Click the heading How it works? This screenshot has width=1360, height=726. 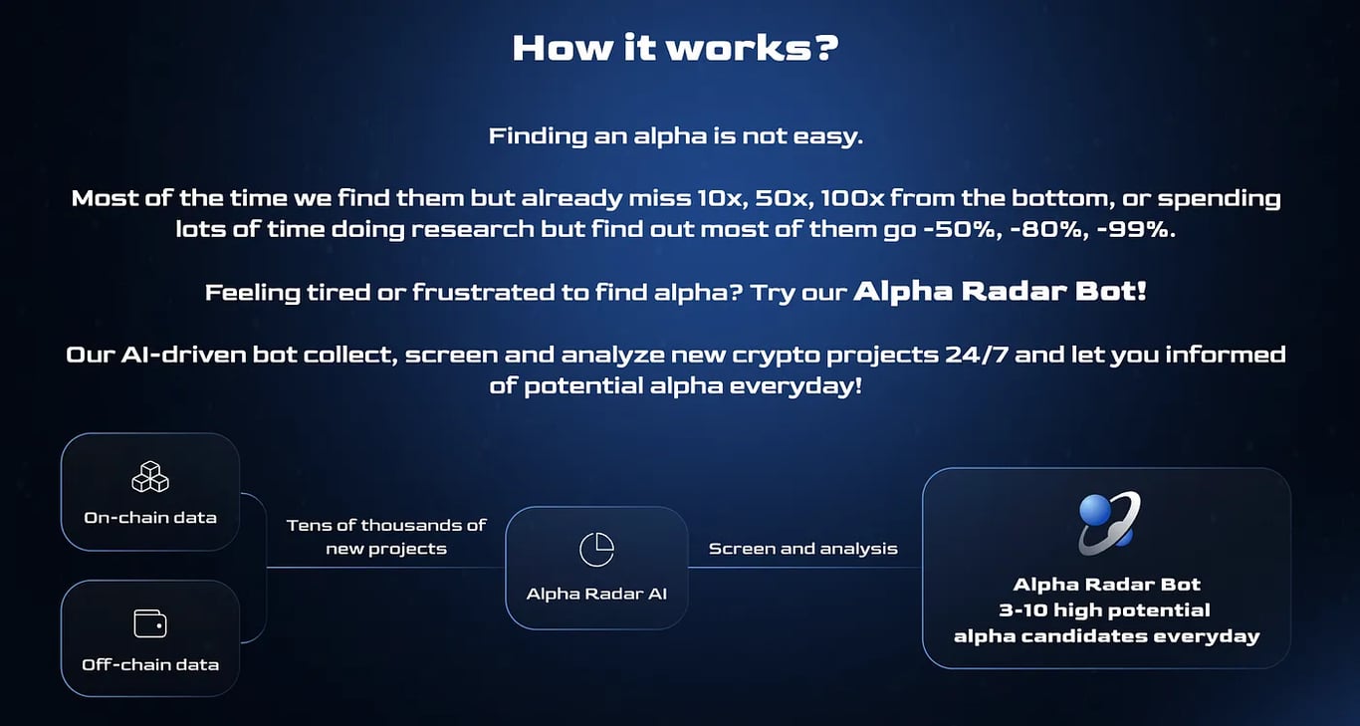coord(675,48)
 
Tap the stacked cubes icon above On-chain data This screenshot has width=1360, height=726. coord(150,477)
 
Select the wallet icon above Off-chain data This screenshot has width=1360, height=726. coord(150,624)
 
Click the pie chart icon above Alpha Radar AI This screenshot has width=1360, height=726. coord(596,549)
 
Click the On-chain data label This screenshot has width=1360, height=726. coord(150,518)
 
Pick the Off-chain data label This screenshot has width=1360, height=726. coord(150,664)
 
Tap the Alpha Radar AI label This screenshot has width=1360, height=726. coord(596,594)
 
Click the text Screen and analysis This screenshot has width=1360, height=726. coord(802,549)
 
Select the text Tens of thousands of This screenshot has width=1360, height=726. coord(386,525)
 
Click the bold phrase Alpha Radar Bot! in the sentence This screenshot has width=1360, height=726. coord(1000,291)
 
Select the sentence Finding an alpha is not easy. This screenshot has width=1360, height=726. coord(675,136)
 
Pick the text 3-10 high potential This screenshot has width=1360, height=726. coord(1104,609)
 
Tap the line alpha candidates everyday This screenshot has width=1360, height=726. coord(1106,636)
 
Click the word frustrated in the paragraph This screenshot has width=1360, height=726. coord(483,292)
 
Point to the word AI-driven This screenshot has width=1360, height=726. coord(183,355)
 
